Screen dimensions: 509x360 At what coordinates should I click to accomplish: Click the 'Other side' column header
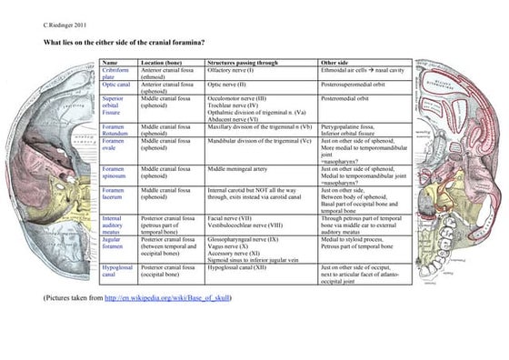click(335, 62)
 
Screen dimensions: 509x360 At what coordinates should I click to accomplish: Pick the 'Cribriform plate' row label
click(115, 72)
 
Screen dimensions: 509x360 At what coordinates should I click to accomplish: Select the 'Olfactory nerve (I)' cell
click(231, 69)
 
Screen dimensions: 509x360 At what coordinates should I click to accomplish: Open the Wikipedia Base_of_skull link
click(167, 297)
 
